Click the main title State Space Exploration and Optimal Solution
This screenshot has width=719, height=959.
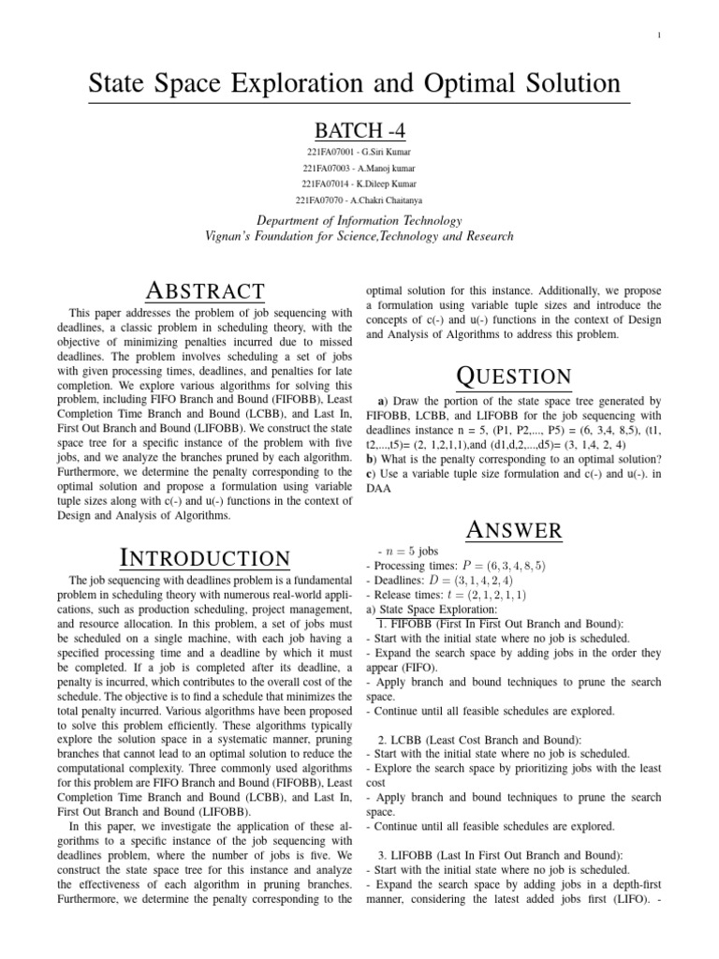pos(354,83)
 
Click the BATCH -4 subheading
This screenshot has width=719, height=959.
pos(359,129)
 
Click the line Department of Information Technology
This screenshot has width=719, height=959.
pos(359,221)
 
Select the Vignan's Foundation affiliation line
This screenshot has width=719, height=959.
pos(359,236)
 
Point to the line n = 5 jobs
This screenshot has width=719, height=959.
pos(407,552)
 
